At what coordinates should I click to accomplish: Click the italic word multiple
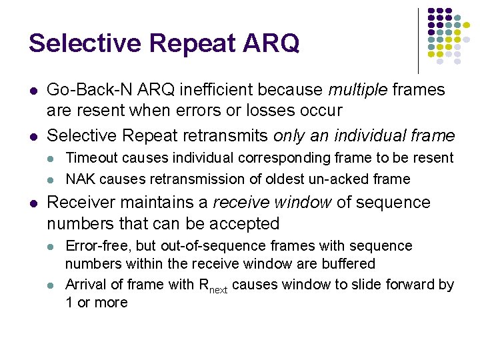point(359,89)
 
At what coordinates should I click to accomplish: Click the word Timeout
point(92,158)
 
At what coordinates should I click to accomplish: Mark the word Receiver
point(80,202)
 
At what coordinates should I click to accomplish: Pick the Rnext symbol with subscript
point(213,287)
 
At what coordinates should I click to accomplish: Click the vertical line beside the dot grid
point(418,40)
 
